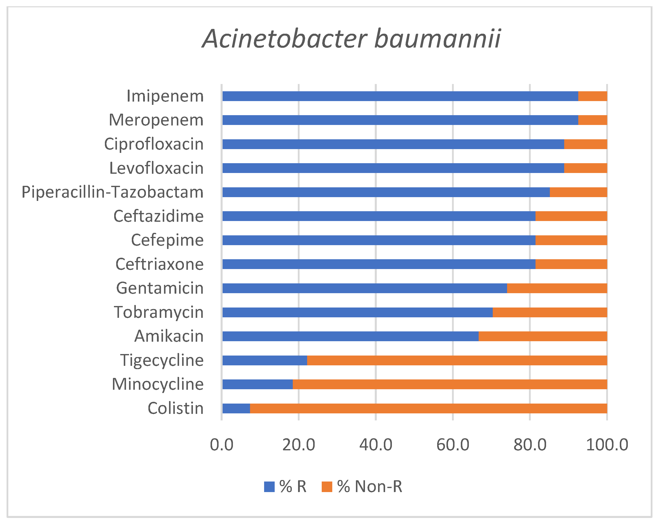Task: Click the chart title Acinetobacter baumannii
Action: (x=351, y=39)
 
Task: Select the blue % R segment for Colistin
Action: (x=236, y=409)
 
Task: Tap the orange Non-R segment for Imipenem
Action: (x=592, y=96)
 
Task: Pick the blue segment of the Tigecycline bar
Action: (x=265, y=360)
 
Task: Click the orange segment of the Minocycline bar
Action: (x=450, y=384)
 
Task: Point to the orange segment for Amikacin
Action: (x=543, y=336)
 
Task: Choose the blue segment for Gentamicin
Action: (x=364, y=288)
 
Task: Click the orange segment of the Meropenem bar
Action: (x=592, y=120)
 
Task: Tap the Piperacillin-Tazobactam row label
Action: (x=112, y=192)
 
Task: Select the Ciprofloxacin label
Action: (x=154, y=144)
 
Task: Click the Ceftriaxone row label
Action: (x=159, y=264)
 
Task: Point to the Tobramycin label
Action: (x=159, y=312)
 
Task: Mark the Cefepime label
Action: (x=167, y=240)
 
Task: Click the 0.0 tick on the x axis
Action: (x=222, y=445)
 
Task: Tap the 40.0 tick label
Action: (x=376, y=445)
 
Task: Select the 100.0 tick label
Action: (x=607, y=445)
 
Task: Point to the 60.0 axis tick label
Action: (x=453, y=445)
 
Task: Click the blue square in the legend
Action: (x=269, y=487)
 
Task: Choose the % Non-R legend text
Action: (x=369, y=487)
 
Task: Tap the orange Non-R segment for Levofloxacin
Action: (x=585, y=168)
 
